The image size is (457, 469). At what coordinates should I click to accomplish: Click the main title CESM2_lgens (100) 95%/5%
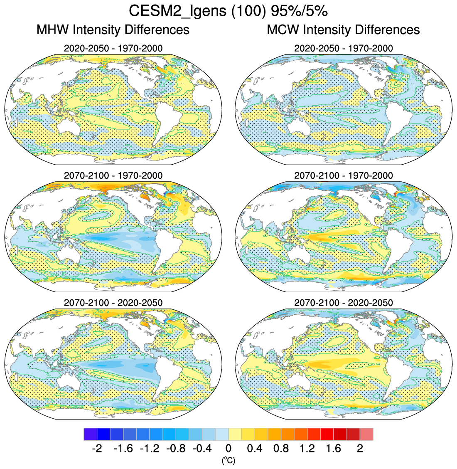[228, 11]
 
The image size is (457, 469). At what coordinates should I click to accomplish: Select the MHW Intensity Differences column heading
[113, 30]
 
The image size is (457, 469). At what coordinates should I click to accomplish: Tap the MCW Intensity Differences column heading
[343, 30]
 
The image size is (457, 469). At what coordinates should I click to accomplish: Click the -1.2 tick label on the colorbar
[149, 449]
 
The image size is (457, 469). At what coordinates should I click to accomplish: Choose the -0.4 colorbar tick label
[202, 449]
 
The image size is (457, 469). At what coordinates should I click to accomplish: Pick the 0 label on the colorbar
[228, 449]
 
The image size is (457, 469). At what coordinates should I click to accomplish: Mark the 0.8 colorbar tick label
[281, 449]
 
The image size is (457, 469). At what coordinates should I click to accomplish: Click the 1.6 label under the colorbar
[334, 449]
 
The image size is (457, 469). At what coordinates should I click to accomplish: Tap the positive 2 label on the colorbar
[360, 449]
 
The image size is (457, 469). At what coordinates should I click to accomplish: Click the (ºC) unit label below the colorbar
[228, 460]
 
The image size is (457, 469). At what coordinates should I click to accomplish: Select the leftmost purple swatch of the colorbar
[90, 434]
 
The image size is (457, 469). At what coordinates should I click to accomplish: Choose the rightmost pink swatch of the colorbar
[366, 434]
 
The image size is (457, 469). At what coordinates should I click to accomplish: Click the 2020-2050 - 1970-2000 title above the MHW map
[113, 49]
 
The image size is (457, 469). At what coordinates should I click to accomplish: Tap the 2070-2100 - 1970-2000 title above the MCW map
[343, 175]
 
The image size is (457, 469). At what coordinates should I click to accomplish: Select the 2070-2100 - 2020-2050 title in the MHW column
[113, 303]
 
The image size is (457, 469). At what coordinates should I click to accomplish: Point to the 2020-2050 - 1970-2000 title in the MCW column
[343, 49]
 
